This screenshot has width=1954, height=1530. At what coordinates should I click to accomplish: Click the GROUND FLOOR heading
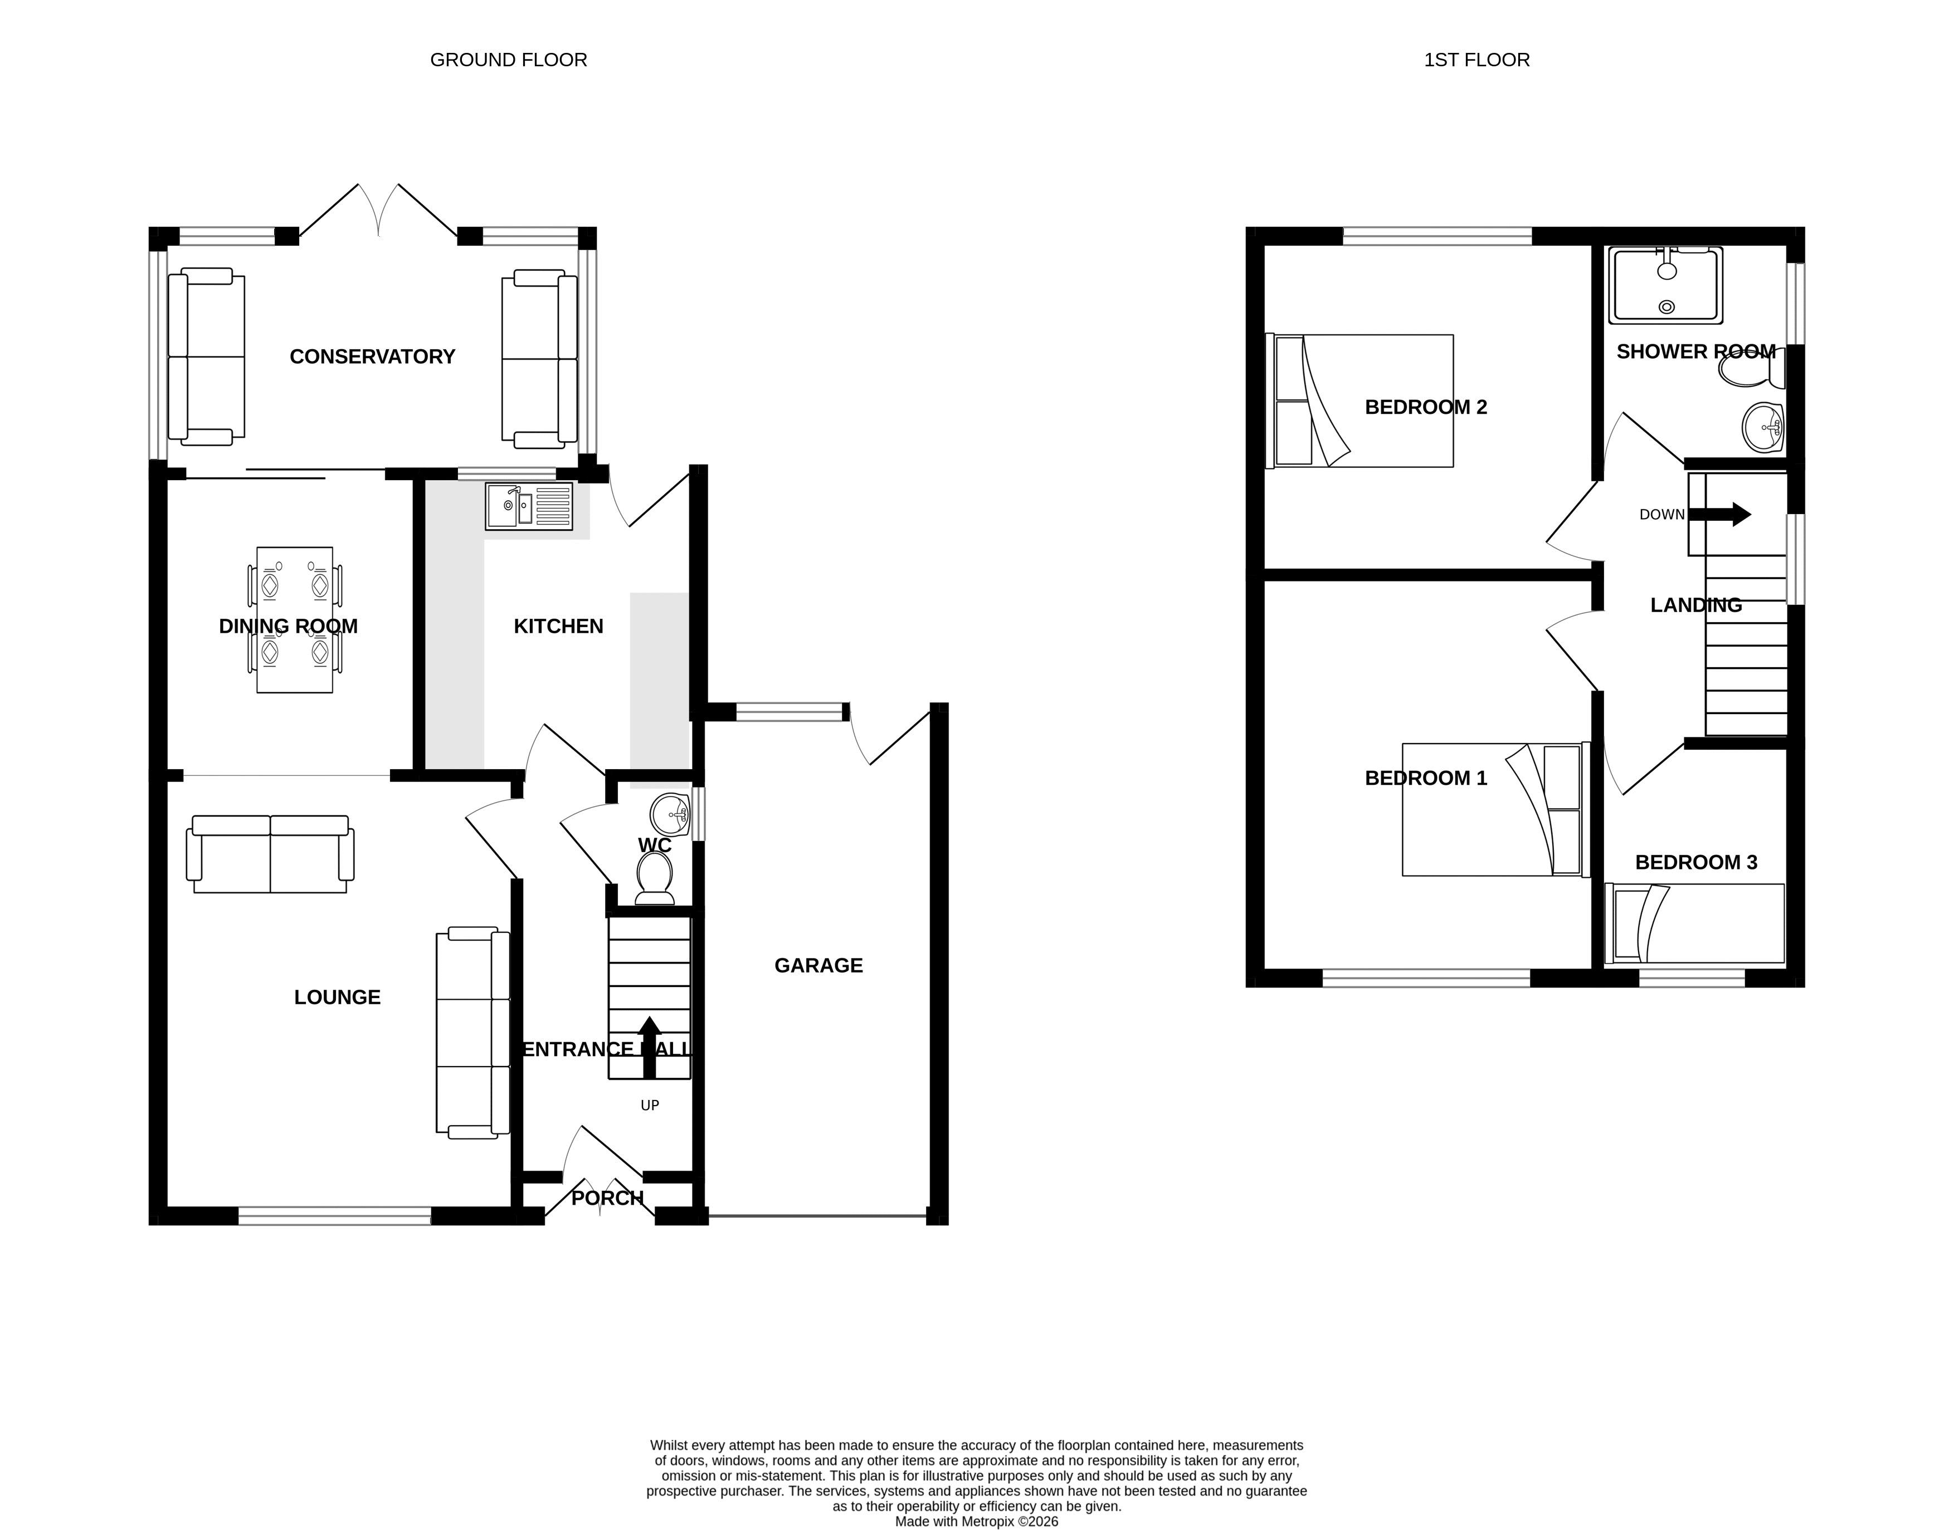click(x=508, y=60)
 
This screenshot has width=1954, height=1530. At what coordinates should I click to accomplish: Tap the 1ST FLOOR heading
click(x=1477, y=60)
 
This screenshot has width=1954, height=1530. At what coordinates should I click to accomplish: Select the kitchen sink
click(x=529, y=506)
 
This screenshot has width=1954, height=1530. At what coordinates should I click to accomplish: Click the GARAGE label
click(x=818, y=966)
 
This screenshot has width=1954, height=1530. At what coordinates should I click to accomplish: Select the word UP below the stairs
click(x=650, y=1106)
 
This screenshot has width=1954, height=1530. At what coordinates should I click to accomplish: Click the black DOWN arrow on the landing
click(x=1719, y=514)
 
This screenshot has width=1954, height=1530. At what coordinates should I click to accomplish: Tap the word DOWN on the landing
click(x=1662, y=514)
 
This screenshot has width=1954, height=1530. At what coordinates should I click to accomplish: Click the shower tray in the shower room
click(x=1665, y=285)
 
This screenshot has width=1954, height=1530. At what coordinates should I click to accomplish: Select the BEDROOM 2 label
click(x=1425, y=408)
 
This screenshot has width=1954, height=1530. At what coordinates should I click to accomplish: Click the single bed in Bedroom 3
click(x=1695, y=923)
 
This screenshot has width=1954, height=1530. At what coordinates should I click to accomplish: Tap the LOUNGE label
click(x=337, y=997)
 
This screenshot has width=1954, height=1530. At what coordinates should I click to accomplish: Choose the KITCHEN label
click(x=558, y=626)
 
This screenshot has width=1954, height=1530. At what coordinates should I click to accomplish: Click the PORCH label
click(x=607, y=1197)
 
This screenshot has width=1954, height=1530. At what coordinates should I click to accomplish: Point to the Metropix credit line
click(x=977, y=1521)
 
